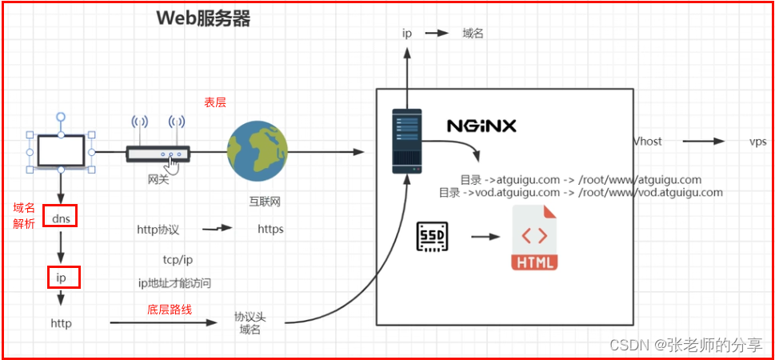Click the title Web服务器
(203, 19)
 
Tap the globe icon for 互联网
(257, 150)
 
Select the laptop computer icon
(60, 153)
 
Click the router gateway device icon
(158, 154)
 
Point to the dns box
(60, 217)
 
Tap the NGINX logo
(481, 126)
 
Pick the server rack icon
(405, 142)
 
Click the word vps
(757, 141)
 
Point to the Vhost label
(647, 141)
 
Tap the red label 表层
(215, 102)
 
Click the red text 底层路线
(170, 310)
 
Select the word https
(270, 230)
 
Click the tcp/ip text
(178, 260)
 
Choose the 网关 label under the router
(158, 180)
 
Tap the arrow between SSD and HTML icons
(485, 237)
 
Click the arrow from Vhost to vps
(704, 141)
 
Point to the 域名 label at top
(473, 34)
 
